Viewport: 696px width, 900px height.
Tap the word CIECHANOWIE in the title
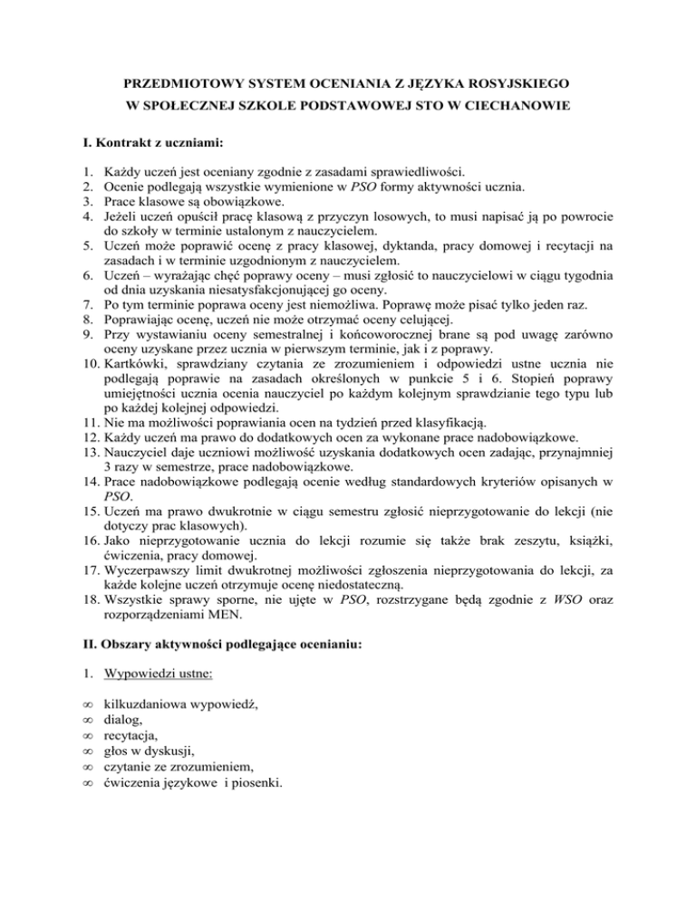517,106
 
